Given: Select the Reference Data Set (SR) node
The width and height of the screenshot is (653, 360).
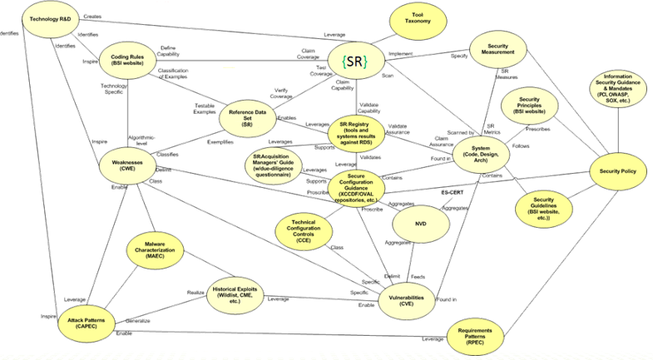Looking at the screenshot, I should (x=248, y=119).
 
